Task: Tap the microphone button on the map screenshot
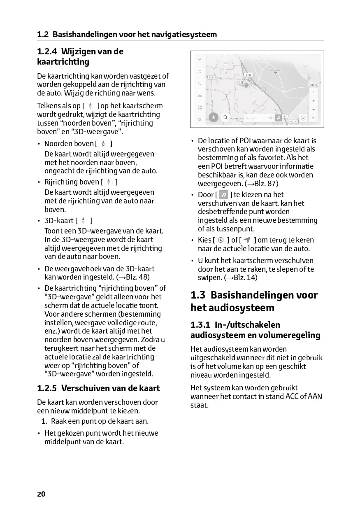coord(213,117)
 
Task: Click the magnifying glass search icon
coord(225,117)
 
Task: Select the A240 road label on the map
coord(249,75)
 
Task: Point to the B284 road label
coord(211,77)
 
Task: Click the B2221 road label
coord(293,121)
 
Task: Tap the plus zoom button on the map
coord(314,100)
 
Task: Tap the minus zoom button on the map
coord(314,109)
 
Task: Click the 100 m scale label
coord(313,85)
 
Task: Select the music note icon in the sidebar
coord(200,71)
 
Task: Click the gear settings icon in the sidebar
coord(200,119)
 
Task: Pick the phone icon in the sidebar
coord(200,83)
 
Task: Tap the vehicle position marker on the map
coord(246,83)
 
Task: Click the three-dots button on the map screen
coord(314,118)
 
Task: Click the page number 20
coord(41,494)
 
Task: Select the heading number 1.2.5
coord(46,388)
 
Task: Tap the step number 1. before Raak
coord(44,421)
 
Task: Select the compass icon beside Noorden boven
coord(103,144)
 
